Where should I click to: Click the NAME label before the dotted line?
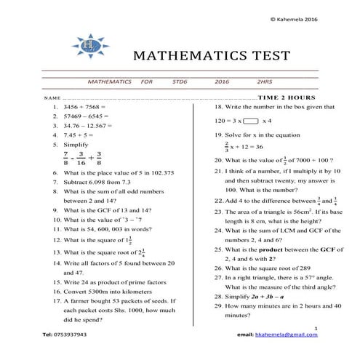[50, 97]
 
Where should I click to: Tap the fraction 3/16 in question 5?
[81, 158]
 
